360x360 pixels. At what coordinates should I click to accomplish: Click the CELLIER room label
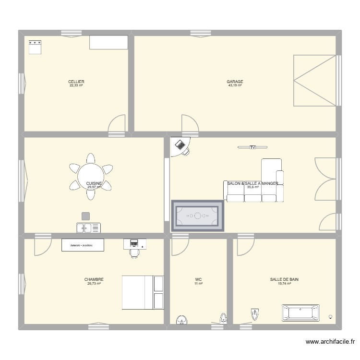[76, 82]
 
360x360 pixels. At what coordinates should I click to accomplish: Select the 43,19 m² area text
[235, 86]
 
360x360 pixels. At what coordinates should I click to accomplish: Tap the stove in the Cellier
[36, 47]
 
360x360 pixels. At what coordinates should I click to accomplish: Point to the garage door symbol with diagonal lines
[314, 81]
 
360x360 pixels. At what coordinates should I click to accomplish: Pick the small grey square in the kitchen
[85, 216]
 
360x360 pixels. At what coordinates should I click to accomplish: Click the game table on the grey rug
[198, 216]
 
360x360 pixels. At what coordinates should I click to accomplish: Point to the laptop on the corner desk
[180, 144]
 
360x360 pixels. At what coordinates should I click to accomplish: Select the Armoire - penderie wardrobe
[83, 245]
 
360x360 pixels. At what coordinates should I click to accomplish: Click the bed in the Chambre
[143, 292]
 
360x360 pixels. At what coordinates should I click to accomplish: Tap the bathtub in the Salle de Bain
[301, 312]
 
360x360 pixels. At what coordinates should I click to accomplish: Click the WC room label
[198, 279]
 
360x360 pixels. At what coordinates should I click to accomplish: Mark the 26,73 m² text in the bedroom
[94, 284]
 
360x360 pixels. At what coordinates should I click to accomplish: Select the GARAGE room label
[235, 82]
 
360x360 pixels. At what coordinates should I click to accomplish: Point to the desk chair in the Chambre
[135, 253]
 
